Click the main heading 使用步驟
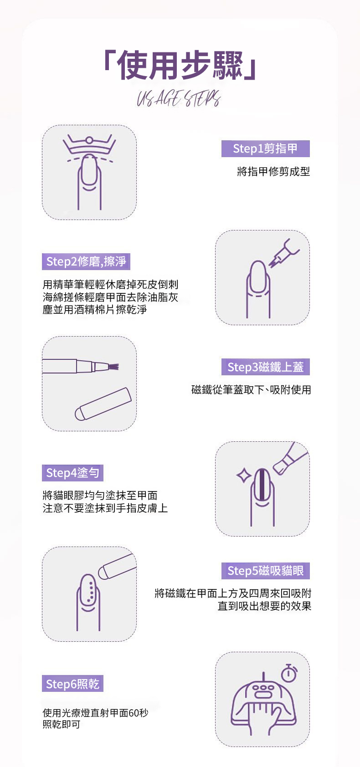pos(180,65)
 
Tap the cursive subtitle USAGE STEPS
pos(179,98)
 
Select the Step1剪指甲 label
pos(266,148)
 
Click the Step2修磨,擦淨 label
pos(86,261)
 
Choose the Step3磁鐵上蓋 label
pos(266,367)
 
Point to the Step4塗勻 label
pos(72,473)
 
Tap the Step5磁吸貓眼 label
pos(266,571)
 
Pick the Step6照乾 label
pos(72,684)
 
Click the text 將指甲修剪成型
pos(273,172)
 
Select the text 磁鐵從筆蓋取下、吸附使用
pos(251,390)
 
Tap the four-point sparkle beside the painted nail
pos(243,475)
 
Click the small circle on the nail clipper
pos(89,140)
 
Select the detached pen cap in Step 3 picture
pos(103,404)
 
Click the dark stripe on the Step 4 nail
pos(262,484)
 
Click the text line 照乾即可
pos(62,725)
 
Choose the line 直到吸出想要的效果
pos(264,606)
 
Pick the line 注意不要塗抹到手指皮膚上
pos(105,508)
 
